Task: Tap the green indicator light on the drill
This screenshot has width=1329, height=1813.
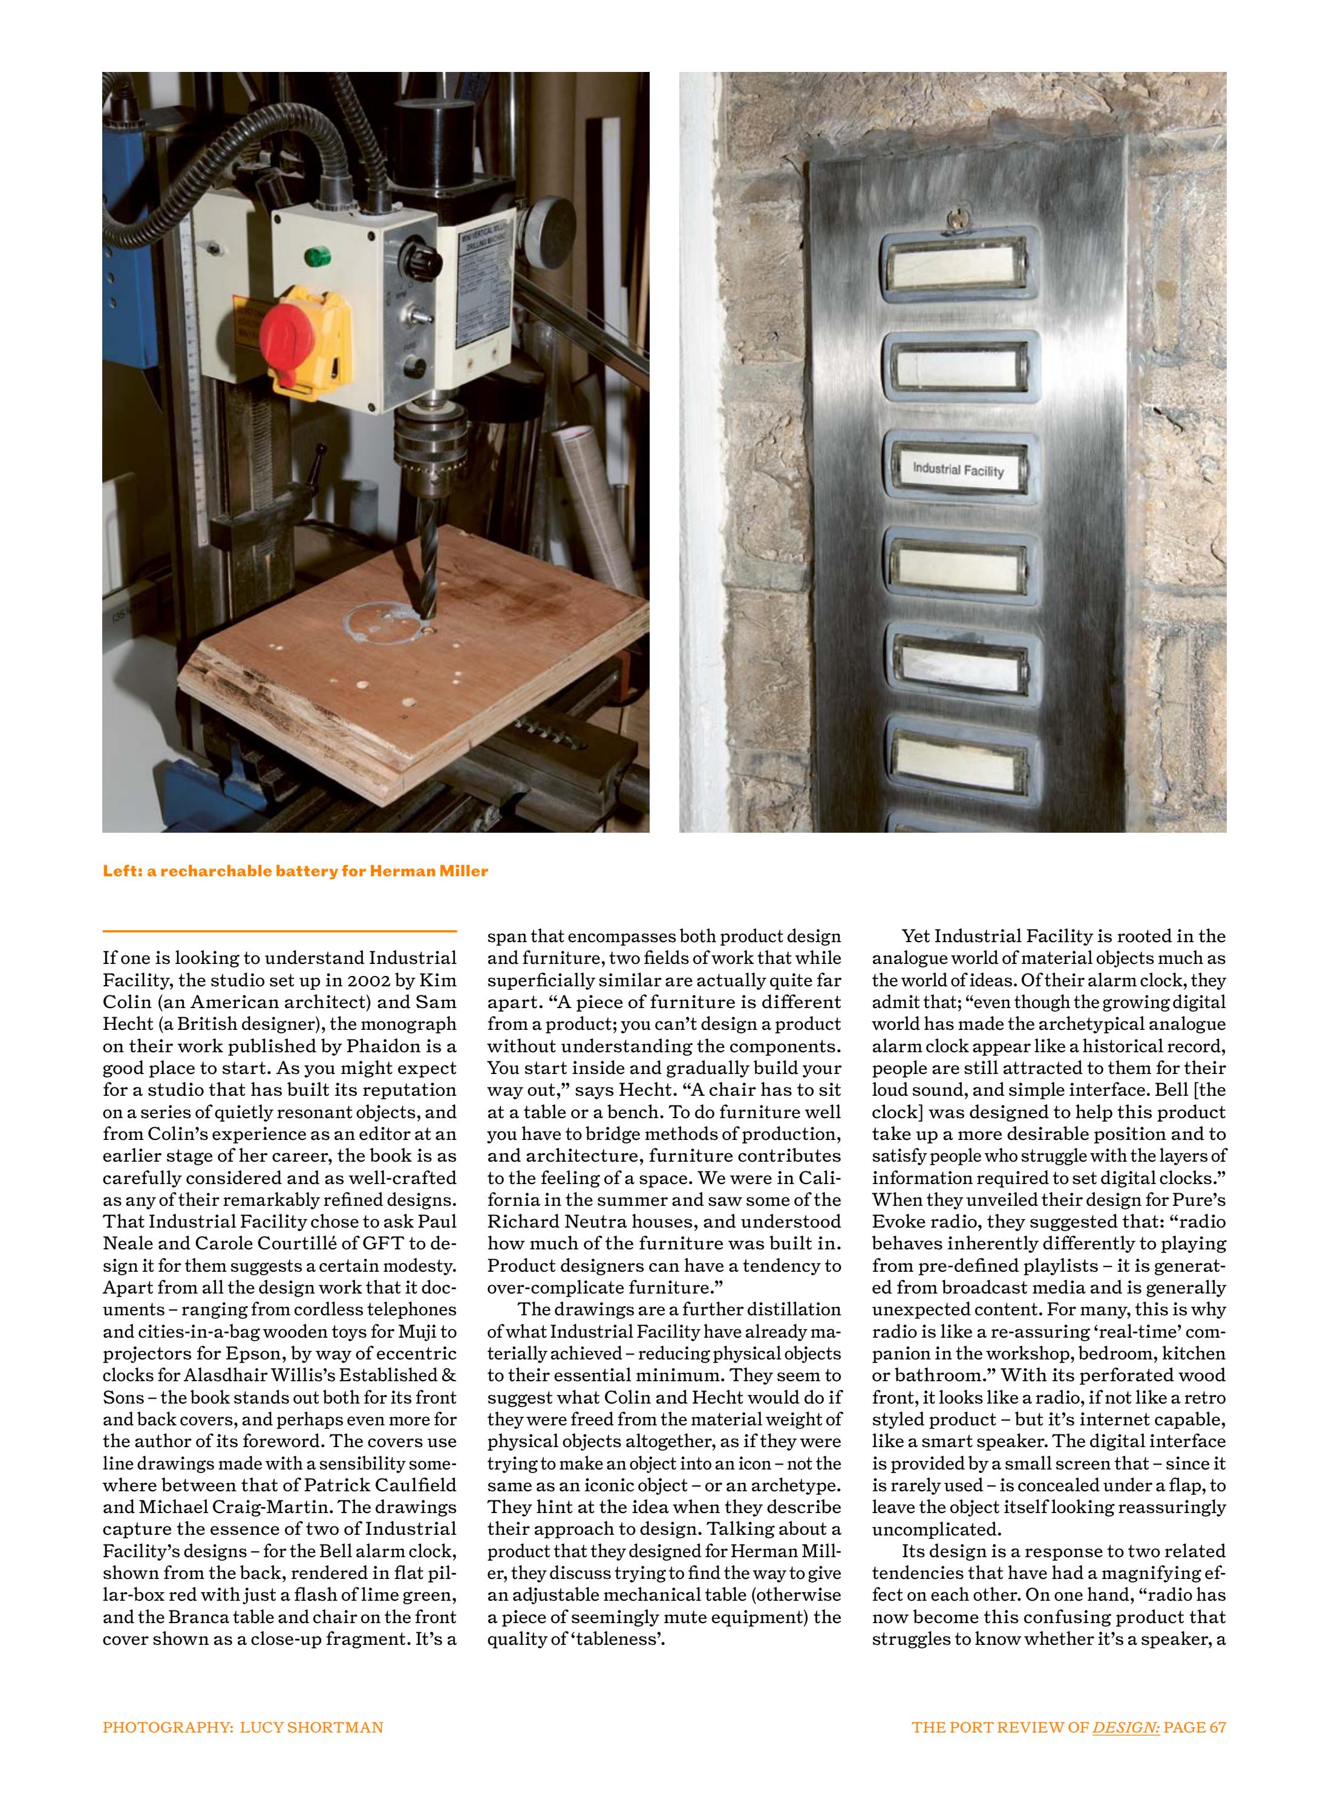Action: coord(318,258)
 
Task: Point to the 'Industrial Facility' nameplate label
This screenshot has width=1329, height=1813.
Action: coord(958,470)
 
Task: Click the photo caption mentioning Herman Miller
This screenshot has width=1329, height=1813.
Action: coord(295,871)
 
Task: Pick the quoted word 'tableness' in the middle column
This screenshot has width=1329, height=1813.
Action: coord(617,1639)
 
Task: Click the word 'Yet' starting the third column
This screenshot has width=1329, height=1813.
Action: coord(915,936)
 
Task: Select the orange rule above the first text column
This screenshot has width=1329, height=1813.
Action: coord(279,931)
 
